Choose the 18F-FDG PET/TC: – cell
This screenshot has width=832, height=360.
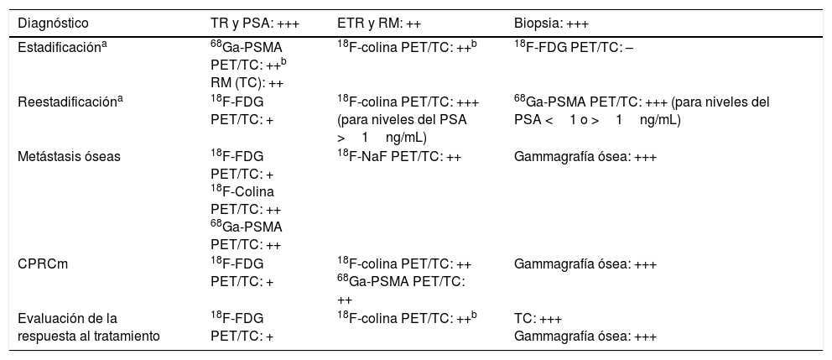click(574, 48)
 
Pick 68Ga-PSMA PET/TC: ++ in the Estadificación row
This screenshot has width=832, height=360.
click(249, 56)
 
